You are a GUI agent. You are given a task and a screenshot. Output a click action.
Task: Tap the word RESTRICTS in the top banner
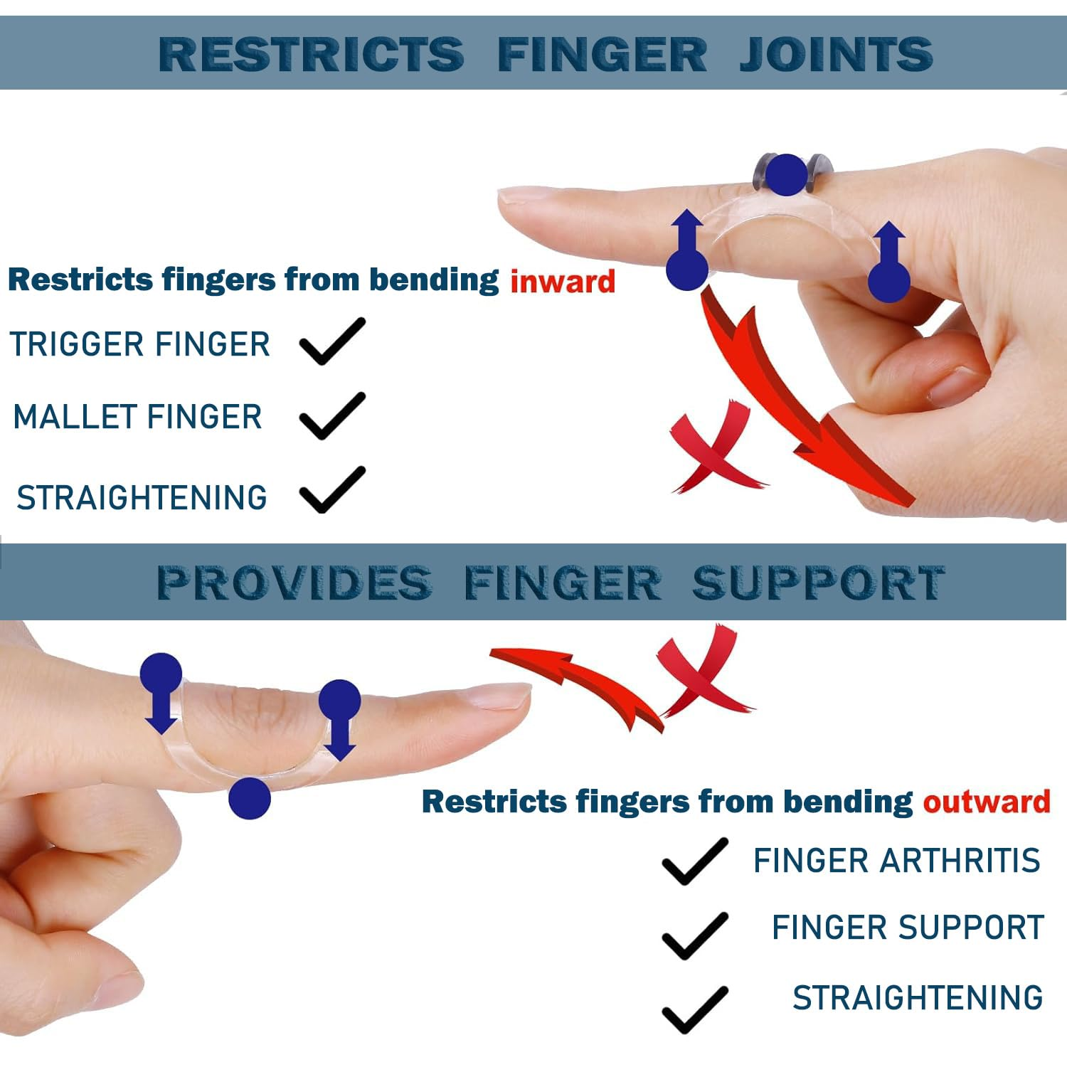coord(311,54)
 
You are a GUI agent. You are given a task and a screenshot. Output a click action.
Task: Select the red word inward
coord(563,282)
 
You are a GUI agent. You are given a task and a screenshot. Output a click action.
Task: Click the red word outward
coord(986,802)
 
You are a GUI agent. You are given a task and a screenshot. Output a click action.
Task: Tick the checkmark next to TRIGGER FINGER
coord(332,342)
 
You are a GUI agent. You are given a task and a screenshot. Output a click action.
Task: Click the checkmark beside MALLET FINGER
coord(332,416)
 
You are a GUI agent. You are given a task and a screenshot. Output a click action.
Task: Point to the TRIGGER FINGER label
coord(140,345)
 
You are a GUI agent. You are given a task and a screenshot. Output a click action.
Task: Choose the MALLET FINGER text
coord(138,418)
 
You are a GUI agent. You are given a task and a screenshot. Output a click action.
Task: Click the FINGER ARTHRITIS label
coord(896,861)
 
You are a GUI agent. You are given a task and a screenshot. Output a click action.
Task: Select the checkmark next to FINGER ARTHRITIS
coord(694,861)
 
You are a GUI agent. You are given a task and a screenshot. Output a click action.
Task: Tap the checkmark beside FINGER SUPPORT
coord(694,935)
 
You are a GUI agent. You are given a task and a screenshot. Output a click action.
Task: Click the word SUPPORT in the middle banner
coord(818,583)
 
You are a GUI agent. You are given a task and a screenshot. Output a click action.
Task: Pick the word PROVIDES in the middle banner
coord(294,583)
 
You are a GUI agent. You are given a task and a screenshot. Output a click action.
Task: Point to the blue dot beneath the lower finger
coord(250,798)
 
